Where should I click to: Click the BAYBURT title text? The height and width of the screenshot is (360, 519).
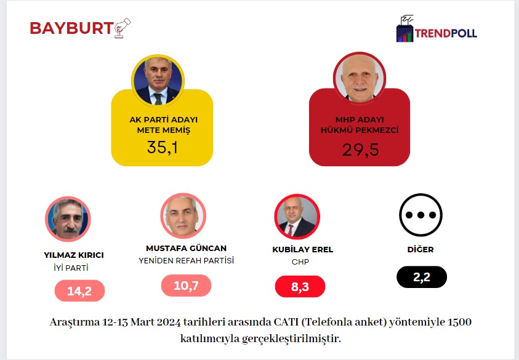coord(71,28)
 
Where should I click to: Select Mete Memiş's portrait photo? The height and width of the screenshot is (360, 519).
coord(158,79)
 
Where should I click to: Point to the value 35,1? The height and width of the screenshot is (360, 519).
coord(162,148)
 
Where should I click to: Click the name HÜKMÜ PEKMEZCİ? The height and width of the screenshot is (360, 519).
coord(360,130)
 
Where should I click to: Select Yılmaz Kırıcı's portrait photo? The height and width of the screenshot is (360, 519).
coord(68,219)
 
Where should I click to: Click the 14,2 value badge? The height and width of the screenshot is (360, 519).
coord(79,291)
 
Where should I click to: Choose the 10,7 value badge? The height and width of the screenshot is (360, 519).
coord(185,286)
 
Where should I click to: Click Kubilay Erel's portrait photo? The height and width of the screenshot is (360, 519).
coord(297,217)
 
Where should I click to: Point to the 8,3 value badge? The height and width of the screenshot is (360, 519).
coord(299,287)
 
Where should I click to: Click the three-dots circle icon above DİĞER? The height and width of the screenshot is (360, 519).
coord(421,216)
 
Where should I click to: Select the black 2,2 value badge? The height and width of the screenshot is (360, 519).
coord(421,278)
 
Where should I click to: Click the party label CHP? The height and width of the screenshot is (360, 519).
coord(300,262)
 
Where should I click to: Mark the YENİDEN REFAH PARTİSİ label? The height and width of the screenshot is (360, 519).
coord(186,260)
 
